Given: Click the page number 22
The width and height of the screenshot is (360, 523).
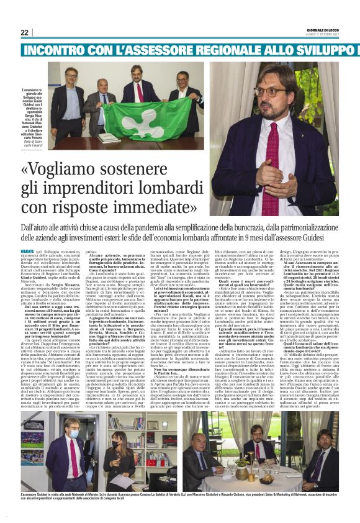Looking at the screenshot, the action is (x=24, y=33).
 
